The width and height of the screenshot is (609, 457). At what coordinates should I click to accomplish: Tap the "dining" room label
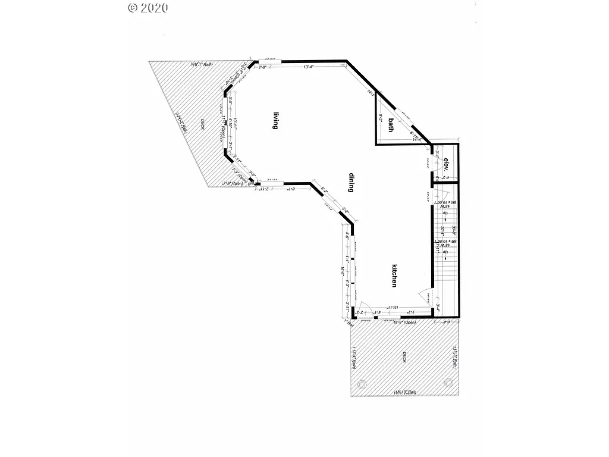351,181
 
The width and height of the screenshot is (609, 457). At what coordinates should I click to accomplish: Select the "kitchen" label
394,276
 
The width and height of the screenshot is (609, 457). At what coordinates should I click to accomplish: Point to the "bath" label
391,124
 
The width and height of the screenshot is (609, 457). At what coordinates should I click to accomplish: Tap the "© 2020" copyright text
148,8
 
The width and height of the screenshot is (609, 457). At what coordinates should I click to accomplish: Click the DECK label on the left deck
202,125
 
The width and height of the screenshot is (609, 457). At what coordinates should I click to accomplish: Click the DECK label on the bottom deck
404,357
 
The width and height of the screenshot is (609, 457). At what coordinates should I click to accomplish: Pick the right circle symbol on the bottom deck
448,383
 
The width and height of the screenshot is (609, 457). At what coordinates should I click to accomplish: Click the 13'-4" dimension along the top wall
308,67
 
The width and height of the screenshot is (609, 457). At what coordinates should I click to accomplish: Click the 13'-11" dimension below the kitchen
393,308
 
